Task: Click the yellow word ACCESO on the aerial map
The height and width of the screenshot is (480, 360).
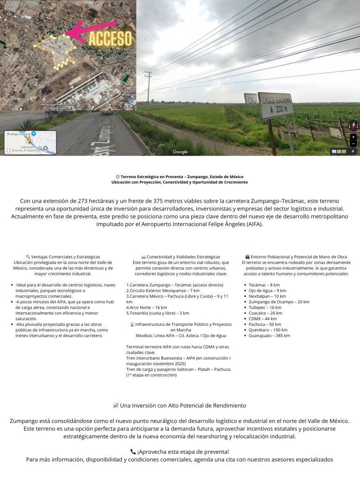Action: click(x=110, y=39)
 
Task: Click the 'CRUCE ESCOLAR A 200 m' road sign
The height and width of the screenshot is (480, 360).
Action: click(x=276, y=105)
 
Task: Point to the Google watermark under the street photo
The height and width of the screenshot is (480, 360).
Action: click(x=180, y=151)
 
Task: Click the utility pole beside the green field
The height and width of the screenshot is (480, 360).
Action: click(x=149, y=89)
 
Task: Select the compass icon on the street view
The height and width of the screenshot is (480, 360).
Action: click(x=353, y=126)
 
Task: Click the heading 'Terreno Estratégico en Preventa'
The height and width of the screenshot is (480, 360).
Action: click(x=180, y=176)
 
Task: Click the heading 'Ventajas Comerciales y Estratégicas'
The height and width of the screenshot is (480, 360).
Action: click(x=63, y=257)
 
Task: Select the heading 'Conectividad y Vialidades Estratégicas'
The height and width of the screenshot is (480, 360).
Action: click(x=180, y=257)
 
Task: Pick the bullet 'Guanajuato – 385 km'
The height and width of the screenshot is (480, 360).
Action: click(x=269, y=336)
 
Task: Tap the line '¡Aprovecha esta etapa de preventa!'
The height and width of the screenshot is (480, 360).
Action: click(x=180, y=452)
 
